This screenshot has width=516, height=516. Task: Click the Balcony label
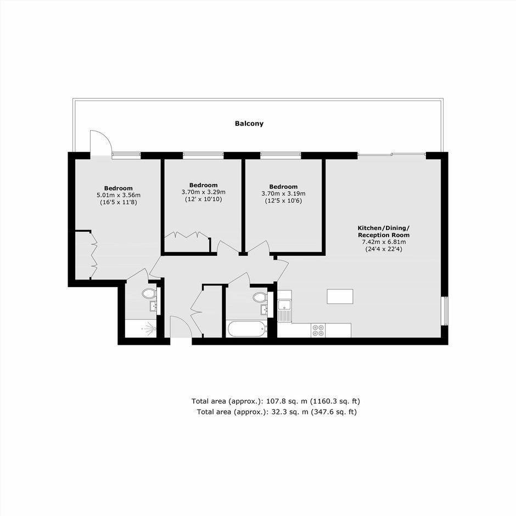pyautogui.click(x=249, y=124)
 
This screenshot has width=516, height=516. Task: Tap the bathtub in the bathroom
pyautogui.click(x=247, y=329)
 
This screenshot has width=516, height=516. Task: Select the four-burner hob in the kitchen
pyautogui.click(x=318, y=330)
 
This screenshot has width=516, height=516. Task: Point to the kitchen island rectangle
pyautogui.click(x=340, y=296)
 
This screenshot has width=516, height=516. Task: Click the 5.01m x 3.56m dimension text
pyautogui.click(x=119, y=195)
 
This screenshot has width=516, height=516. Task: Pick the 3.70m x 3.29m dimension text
pyautogui.click(x=203, y=192)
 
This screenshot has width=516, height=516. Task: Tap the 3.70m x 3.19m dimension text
pyautogui.click(x=283, y=193)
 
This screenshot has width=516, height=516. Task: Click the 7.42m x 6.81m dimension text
pyautogui.click(x=384, y=242)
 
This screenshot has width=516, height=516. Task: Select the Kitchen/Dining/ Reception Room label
pyautogui.click(x=384, y=231)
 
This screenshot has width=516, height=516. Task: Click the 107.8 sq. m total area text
pyautogui.click(x=276, y=401)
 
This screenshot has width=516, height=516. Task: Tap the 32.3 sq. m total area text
pyautogui.click(x=277, y=412)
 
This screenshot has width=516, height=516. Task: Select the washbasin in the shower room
pyautogui.click(x=153, y=306)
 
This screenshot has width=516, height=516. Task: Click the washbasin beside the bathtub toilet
pyautogui.click(x=264, y=310)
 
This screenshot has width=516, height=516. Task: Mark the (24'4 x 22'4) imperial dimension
pyautogui.click(x=384, y=249)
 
